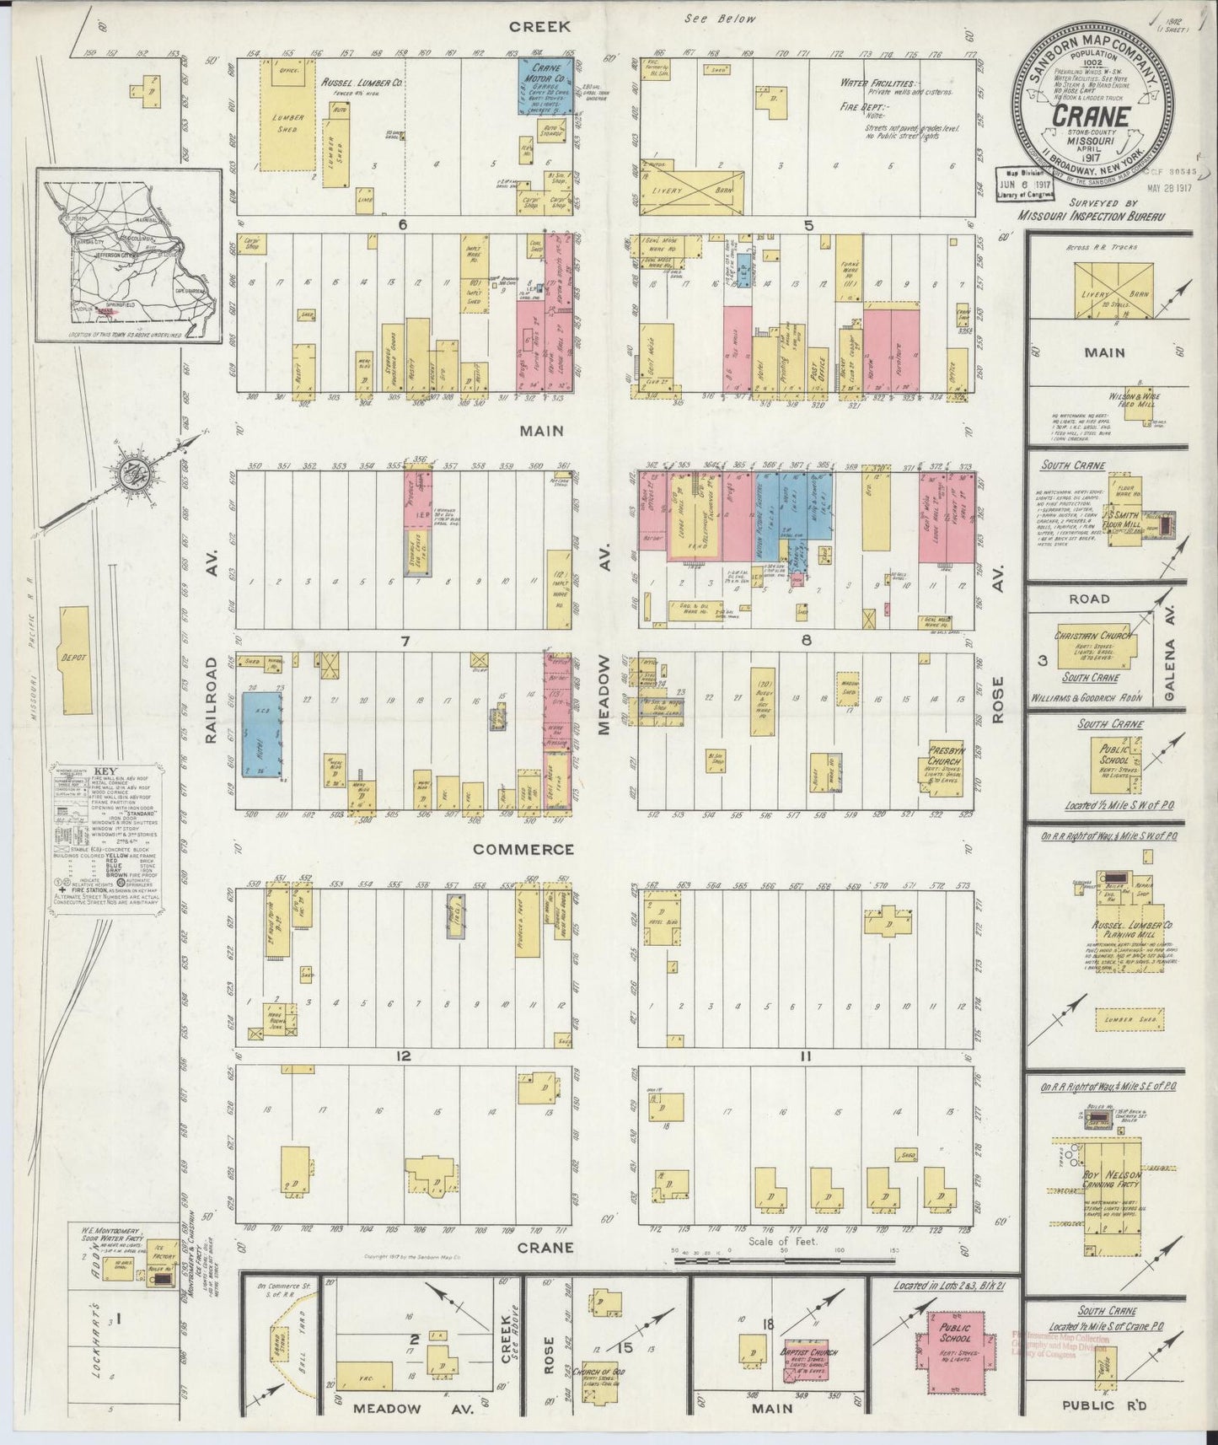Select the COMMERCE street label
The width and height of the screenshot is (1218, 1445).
511,850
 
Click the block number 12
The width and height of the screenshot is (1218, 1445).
404,1056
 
